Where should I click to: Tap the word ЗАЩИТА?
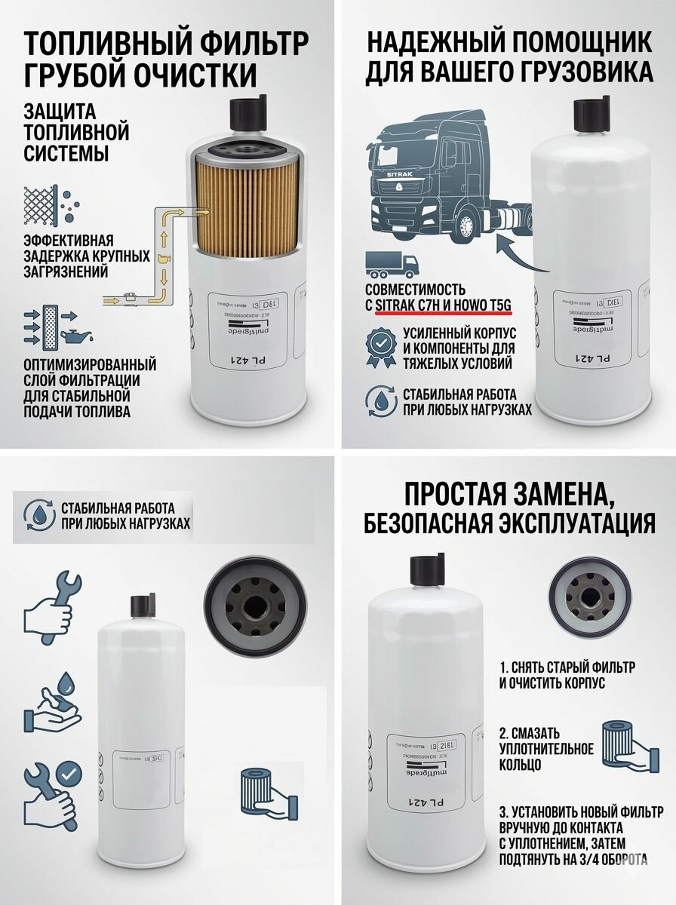click(60, 112)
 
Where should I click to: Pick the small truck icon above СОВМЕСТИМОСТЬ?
click(392, 265)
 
